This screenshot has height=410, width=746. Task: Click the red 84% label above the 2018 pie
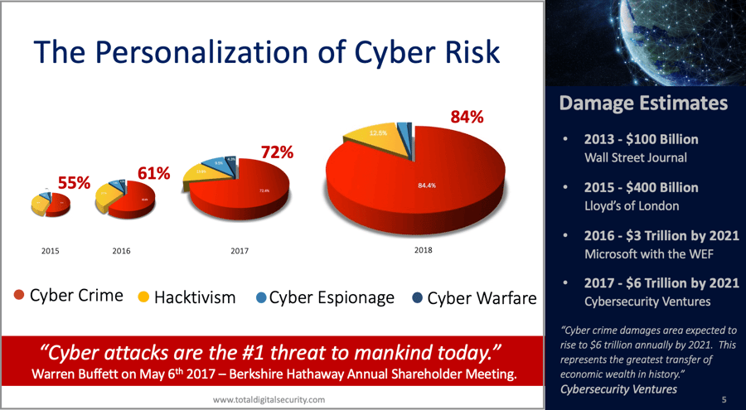466,118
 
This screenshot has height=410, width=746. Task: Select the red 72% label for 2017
276,152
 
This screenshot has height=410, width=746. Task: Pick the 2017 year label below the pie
240,250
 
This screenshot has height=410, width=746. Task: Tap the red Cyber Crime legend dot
19,297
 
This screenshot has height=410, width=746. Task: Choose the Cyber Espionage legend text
332,297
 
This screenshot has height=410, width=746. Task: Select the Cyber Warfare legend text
482,297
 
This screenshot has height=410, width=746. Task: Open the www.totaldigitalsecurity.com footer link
269,399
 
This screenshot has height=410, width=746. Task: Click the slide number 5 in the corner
724,398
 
